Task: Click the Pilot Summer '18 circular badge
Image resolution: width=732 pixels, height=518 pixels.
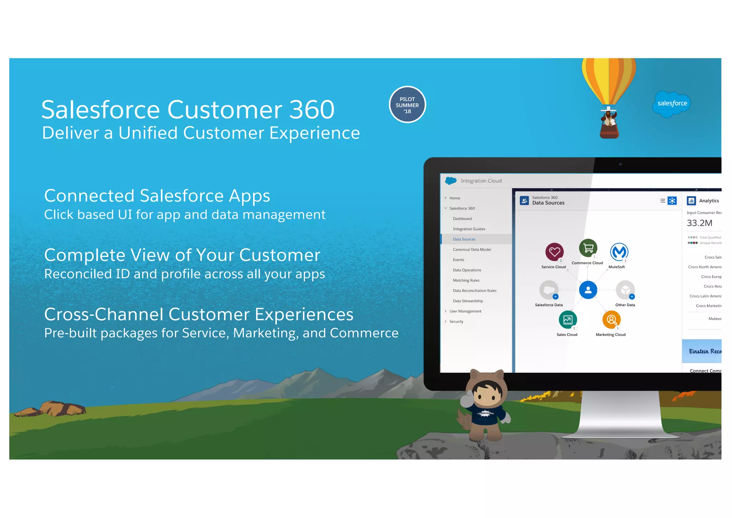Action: click(407, 105)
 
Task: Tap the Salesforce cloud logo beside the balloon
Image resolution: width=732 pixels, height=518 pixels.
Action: click(672, 104)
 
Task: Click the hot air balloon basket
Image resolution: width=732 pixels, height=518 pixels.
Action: click(609, 131)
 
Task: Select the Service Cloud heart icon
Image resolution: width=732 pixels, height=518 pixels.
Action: click(554, 252)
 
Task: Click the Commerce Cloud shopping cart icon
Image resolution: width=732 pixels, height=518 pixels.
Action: click(588, 248)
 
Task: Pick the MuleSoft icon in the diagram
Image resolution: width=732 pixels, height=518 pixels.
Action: click(619, 252)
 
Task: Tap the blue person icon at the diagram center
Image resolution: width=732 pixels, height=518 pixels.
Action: click(588, 290)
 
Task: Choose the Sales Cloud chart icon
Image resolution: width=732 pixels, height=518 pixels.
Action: click(568, 320)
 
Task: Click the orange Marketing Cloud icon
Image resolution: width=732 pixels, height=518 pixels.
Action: click(611, 319)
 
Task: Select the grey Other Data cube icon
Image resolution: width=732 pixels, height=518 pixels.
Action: click(625, 290)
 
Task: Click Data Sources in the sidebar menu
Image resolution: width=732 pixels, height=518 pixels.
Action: click(464, 239)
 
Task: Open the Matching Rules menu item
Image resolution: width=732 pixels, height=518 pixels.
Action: click(466, 280)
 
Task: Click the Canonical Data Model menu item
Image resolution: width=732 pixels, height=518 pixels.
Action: click(472, 250)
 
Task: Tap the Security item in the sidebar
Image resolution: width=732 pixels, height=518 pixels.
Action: click(456, 322)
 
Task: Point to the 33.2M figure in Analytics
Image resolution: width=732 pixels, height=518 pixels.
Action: click(699, 223)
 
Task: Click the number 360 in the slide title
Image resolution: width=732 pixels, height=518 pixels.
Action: click(311, 109)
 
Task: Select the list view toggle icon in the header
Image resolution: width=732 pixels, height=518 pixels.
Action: click(662, 201)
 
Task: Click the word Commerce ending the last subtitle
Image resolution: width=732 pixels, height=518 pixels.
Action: click(364, 333)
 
